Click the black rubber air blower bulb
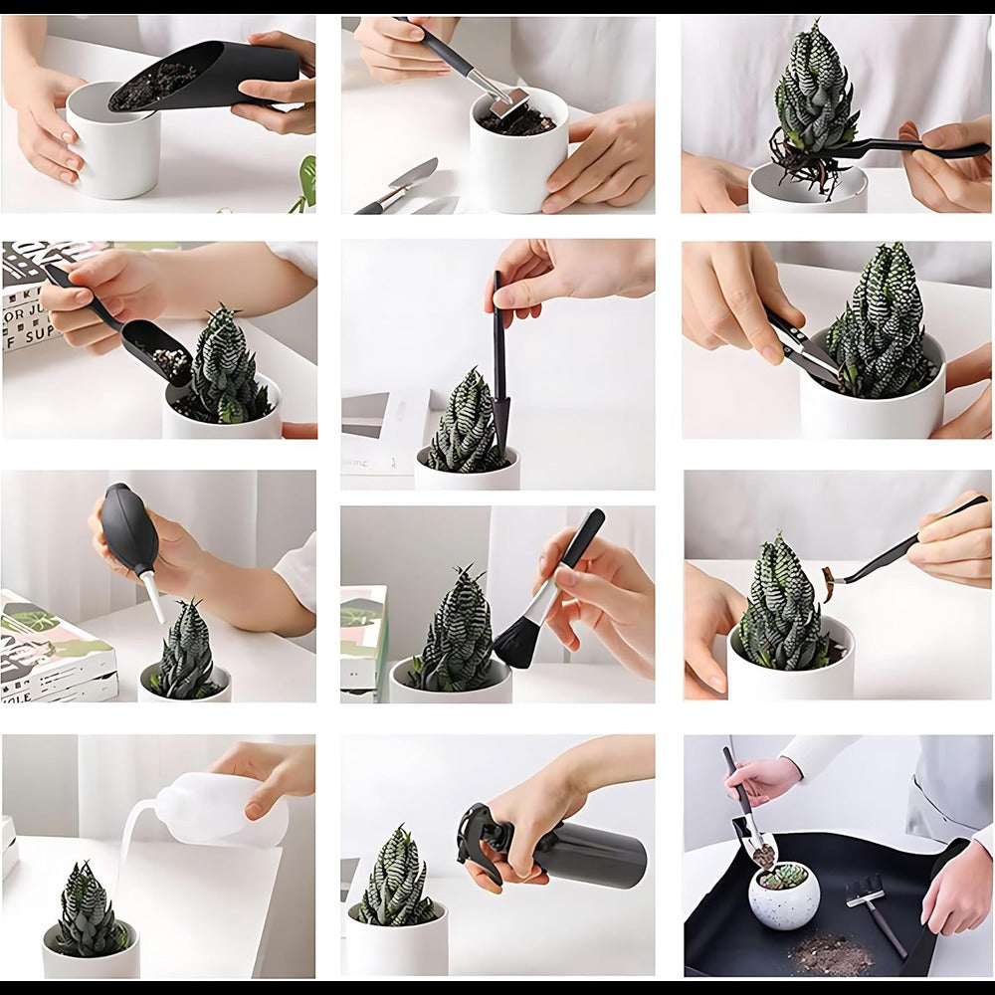[x=129, y=527]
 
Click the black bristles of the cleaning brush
[x=515, y=642]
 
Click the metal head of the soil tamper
[x=508, y=100]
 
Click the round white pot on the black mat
[x=784, y=897]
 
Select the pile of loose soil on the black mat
[x=831, y=953]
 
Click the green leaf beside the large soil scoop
[x=304, y=184]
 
